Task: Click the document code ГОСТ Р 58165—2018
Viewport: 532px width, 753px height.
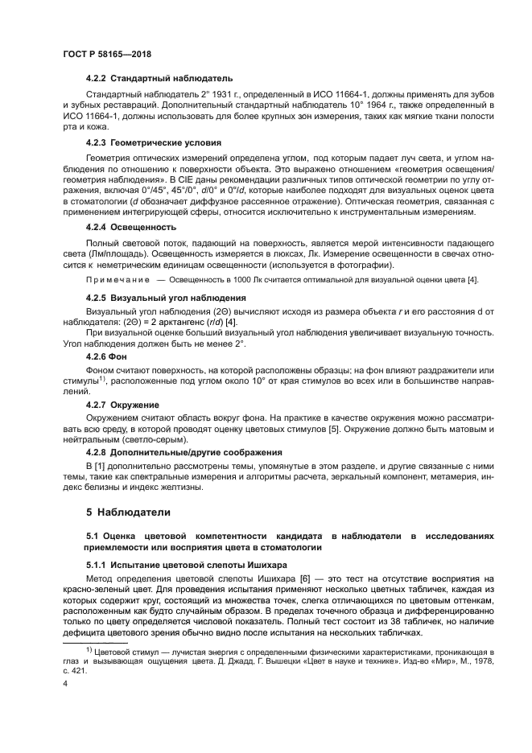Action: point(106,54)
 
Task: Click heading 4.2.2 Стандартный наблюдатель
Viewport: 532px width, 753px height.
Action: point(159,79)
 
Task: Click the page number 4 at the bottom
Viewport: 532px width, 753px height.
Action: point(65,683)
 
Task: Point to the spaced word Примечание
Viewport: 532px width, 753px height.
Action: point(118,279)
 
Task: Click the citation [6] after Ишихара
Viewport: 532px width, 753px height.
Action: point(303,579)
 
